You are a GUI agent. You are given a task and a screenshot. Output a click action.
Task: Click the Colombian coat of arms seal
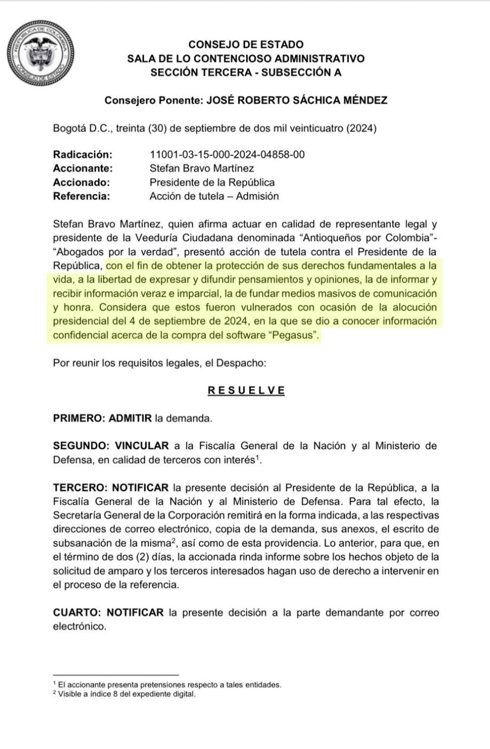40,54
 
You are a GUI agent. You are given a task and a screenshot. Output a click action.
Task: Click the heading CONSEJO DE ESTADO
246,44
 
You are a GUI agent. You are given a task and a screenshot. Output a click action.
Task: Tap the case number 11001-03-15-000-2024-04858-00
227,155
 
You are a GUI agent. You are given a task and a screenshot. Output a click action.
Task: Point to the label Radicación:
82,155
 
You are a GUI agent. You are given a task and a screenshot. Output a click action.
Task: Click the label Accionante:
83,168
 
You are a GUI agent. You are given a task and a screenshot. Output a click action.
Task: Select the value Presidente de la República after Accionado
212,182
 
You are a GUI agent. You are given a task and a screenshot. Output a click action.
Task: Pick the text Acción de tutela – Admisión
214,196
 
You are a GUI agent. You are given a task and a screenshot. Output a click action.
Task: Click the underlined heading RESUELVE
246,390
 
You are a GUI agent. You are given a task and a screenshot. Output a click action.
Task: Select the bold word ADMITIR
130,418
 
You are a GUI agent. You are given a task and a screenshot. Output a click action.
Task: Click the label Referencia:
81,196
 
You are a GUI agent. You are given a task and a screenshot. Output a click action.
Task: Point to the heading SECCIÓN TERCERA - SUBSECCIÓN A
246,72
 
